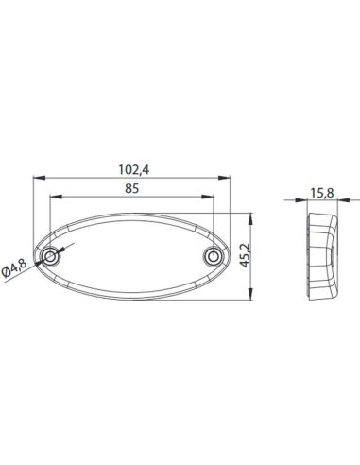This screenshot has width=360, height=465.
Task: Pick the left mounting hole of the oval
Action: tap(51, 256)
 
